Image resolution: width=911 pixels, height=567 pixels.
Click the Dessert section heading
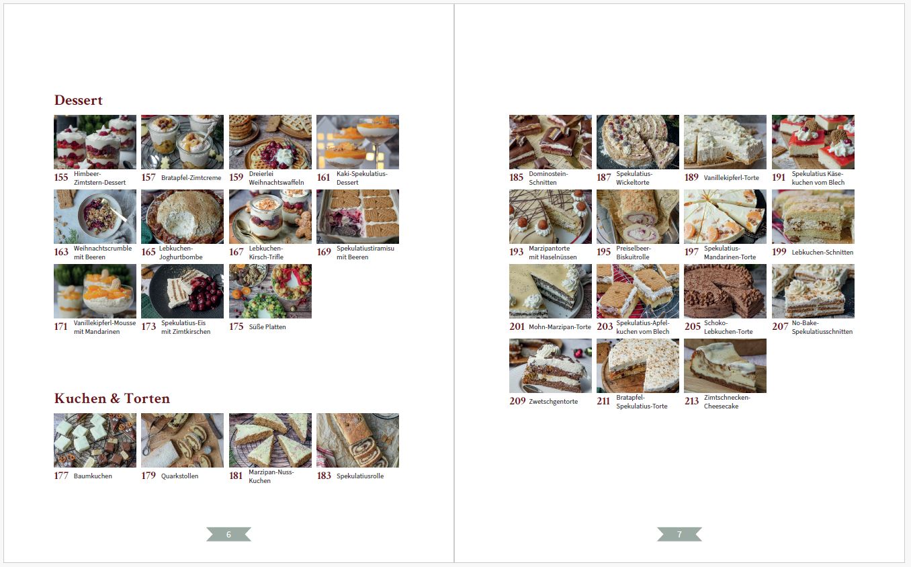point(78,100)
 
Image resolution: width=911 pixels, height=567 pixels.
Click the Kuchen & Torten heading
point(112,398)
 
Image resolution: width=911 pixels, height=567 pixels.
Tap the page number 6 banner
point(228,534)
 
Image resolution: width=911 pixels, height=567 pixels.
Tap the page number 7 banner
point(679,534)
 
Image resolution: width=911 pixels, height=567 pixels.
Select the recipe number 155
point(61,177)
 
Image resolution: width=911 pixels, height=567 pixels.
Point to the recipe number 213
point(691,401)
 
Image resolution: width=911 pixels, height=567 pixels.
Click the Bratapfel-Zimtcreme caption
point(191,178)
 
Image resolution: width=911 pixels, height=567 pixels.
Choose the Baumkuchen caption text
point(93,476)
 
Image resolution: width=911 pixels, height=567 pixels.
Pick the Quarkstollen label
point(180,476)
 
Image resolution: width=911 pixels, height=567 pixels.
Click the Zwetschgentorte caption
point(553,402)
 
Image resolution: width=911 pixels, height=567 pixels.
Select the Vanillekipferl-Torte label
point(731,178)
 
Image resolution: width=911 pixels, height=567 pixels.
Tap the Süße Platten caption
point(267,327)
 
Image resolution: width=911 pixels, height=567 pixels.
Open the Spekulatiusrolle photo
point(357,440)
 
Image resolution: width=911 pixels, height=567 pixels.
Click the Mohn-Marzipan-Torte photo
point(550,292)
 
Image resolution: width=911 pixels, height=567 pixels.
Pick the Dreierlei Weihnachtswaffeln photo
point(270,142)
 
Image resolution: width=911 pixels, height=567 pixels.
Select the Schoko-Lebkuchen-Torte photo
point(725,292)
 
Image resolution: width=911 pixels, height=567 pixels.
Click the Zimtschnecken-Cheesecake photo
point(725,365)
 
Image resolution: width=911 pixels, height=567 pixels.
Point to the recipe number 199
point(779,252)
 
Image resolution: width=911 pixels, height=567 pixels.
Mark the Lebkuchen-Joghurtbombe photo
point(182,216)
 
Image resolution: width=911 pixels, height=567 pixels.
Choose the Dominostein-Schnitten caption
point(548,178)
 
